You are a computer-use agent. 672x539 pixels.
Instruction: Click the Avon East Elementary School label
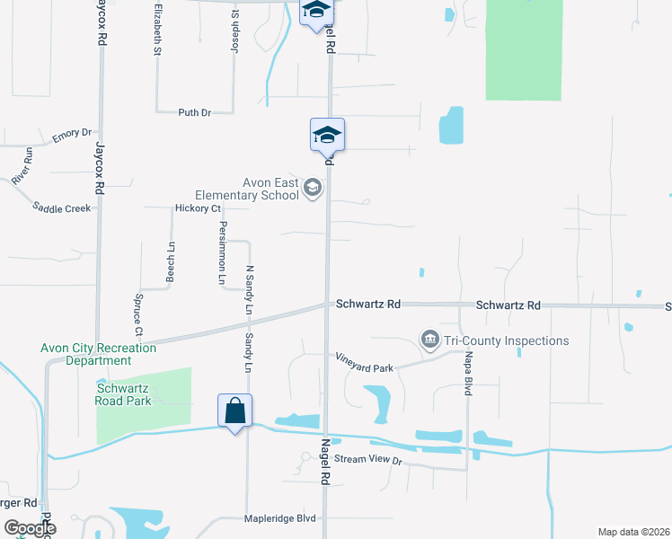click(x=247, y=189)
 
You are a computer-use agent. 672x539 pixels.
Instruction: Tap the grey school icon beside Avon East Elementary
click(x=313, y=188)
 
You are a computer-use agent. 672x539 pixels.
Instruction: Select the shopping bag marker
click(x=234, y=411)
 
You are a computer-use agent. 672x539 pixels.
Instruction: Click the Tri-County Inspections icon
click(x=429, y=340)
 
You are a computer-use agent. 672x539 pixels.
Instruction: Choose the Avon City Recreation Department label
click(x=98, y=354)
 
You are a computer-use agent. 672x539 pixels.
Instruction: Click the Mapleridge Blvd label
click(x=281, y=518)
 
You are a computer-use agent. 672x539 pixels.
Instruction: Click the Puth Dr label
click(x=194, y=112)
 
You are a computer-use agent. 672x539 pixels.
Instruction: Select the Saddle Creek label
click(x=62, y=208)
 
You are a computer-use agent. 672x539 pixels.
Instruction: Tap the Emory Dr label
click(x=72, y=134)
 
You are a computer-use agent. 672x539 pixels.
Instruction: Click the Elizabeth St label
click(x=157, y=30)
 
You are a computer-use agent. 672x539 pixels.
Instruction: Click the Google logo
click(x=30, y=528)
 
